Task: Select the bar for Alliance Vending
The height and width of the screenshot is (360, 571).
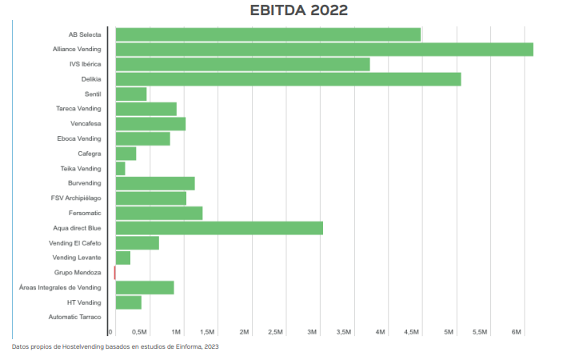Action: pos(324,50)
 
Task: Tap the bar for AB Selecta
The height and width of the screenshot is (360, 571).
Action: pos(268,34)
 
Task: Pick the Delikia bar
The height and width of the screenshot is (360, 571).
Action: pos(288,79)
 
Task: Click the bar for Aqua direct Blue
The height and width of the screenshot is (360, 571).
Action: pos(219,228)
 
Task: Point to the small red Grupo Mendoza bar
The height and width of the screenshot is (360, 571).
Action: pos(115,273)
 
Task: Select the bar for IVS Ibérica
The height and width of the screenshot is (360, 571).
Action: pos(242,64)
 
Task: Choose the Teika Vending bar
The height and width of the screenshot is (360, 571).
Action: pos(121,169)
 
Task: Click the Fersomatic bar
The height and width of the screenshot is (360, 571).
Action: pos(159,213)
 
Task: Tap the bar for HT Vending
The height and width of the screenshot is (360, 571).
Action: pos(129,302)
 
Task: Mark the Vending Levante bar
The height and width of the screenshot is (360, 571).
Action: pos(123,258)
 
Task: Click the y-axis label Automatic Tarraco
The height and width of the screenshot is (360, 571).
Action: pos(74,318)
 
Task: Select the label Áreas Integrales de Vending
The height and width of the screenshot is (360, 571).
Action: pos(60,287)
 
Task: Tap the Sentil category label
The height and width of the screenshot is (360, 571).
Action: pos(93,94)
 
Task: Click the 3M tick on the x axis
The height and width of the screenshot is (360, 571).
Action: pos(313,331)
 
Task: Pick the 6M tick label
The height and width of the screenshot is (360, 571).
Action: pos(517,331)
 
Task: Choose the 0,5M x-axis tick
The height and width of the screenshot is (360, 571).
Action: pos(138,331)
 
